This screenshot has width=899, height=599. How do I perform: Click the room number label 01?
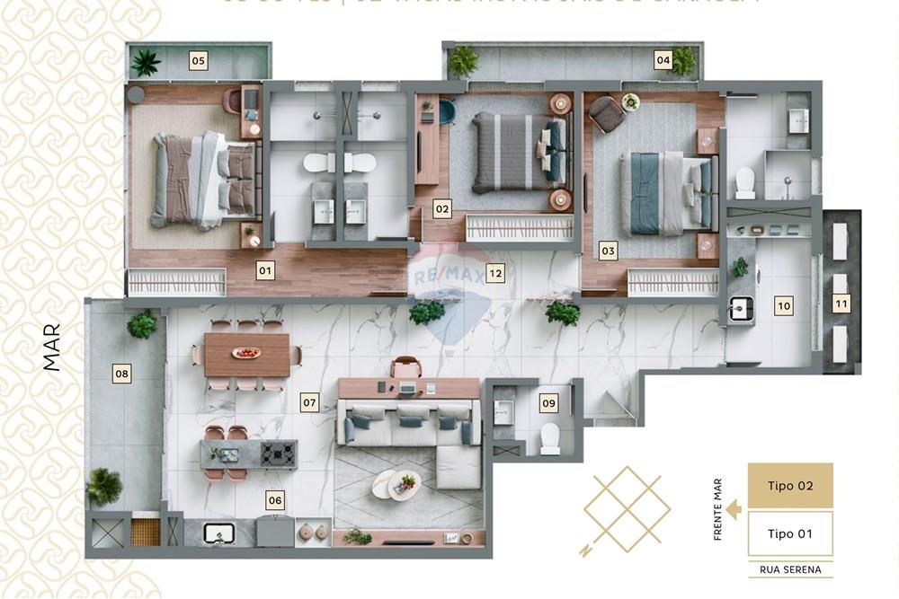coord(265,269)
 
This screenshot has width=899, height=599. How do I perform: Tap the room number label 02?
coord(441,209)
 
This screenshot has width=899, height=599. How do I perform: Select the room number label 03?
coord(608,251)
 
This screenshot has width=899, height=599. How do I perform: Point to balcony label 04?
coord(663,60)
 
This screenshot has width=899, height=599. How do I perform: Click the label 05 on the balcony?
coord(199,61)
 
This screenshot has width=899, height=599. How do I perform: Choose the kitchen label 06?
coord(275,500)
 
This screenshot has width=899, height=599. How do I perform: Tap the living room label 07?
coord(310,402)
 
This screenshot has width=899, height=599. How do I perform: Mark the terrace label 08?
coord(122,374)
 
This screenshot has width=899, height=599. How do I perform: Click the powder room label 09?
coord(548,403)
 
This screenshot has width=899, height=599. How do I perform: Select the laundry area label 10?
coord(784,305)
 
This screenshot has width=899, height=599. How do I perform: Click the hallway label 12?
coord(495,274)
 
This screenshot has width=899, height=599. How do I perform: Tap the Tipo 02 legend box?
coord(790,486)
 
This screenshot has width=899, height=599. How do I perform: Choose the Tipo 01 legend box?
coord(790,533)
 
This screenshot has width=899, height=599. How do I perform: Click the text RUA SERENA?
coord(790,569)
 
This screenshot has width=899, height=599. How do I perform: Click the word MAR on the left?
coord(52,348)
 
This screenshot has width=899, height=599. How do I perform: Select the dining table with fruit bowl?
coord(247,355)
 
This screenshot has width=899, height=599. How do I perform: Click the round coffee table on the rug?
coord(396,484)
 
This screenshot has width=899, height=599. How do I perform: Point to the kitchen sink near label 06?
coord(219,533)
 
